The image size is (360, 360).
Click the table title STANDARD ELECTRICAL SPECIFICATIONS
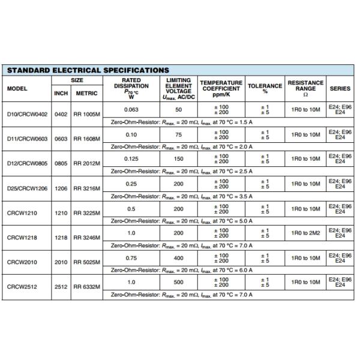tap(88, 70)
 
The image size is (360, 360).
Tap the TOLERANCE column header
tap(265, 88)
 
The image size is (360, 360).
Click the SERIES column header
tap(340, 88)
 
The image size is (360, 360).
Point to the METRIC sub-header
tap(86, 94)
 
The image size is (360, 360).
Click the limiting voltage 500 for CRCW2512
tap(178, 282)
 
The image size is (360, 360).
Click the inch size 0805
tap(61, 163)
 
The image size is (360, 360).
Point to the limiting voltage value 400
tap(178, 257)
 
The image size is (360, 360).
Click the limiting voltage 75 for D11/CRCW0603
tap(178, 134)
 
